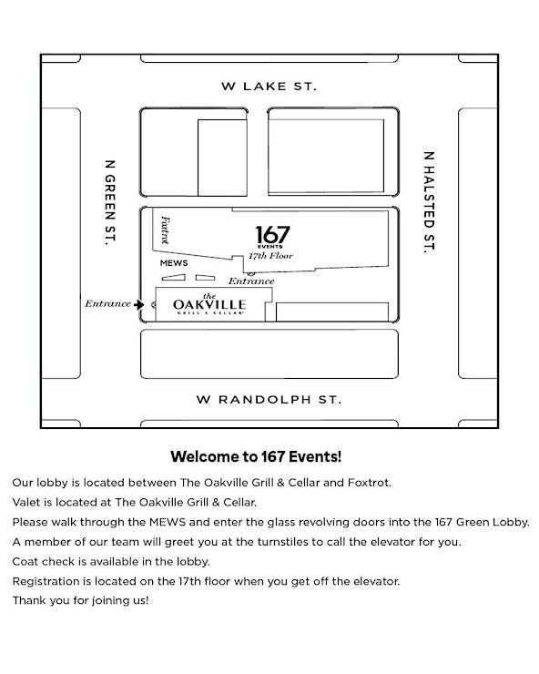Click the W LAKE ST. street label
[269, 87]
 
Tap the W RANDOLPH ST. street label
[269, 400]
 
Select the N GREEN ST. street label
[110, 203]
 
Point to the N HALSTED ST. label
[429, 202]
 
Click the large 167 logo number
[272, 235]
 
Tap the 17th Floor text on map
[270, 256]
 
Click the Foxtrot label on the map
[165, 230]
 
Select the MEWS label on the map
[174, 263]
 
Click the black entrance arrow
[138, 305]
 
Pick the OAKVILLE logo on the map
[209, 305]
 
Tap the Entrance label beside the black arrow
[107, 304]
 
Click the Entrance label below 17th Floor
[251, 281]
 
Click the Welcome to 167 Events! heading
[256, 456]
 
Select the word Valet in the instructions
[25, 502]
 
